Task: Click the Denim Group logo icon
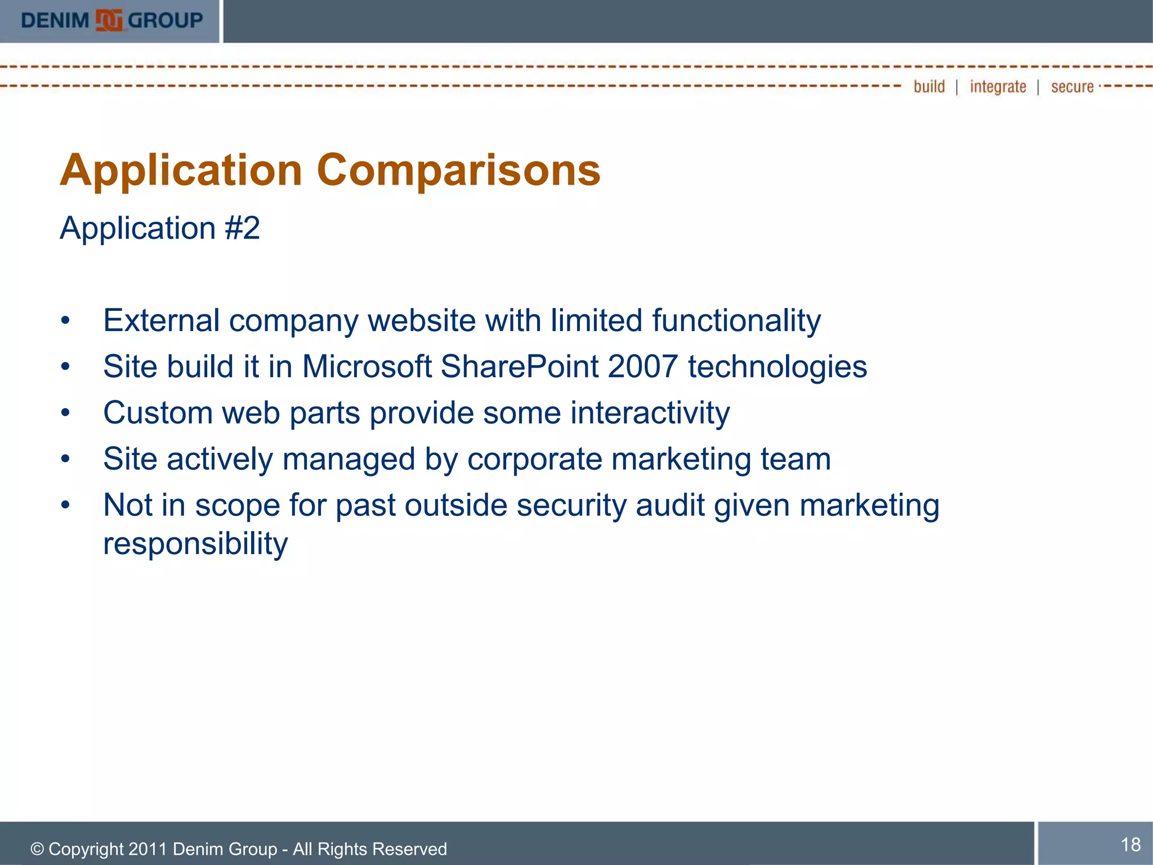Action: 109,21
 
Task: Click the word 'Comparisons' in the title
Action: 458,170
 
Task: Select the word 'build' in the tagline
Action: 929,87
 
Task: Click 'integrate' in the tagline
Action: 998,87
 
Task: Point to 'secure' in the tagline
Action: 1072,87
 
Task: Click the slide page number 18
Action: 1130,845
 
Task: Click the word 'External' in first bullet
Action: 161,321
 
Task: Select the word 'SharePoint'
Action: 519,367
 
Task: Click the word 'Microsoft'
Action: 367,367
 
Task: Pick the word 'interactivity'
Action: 650,413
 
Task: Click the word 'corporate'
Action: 534,460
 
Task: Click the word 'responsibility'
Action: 195,544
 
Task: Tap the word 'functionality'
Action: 736,321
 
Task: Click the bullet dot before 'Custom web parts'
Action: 66,413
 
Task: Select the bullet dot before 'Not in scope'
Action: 66,505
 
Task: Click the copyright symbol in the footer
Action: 37,849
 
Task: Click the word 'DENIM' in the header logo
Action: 55,21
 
